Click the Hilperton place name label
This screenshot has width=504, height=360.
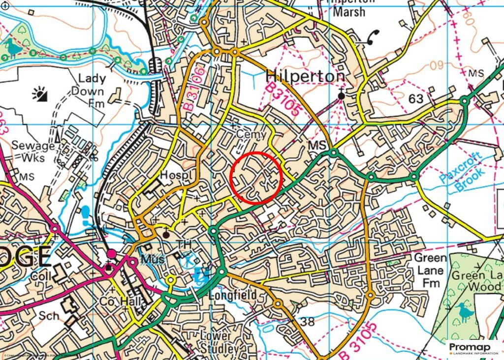pyautogui.click(x=305, y=76)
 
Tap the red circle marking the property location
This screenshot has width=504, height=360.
pyautogui.click(x=256, y=178)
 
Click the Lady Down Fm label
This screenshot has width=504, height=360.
pyautogui.click(x=88, y=91)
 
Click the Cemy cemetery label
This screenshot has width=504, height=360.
pyautogui.click(x=251, y=134)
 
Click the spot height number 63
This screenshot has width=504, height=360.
pyautogui.click(x=416, y=98)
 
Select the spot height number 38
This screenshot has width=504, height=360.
pyautogui.click(x=307, y=322)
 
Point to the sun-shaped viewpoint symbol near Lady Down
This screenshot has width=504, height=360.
pyautogui.click(x=39, y=93)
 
